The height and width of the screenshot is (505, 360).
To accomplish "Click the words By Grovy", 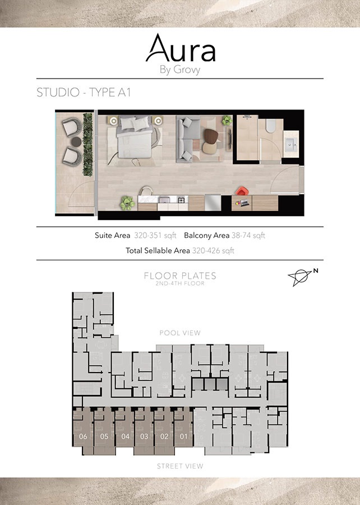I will (x=180, y=71).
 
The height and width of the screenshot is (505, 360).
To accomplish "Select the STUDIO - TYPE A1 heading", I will (x=84, y=93).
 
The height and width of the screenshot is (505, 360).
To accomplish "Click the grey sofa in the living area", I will (x=188, y=136).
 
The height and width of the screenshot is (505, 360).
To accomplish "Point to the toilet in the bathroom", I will (x=270, y=126).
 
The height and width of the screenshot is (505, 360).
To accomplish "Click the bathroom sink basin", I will (x=292, y=145).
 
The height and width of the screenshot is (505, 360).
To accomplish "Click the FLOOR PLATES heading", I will (x=180, y=276).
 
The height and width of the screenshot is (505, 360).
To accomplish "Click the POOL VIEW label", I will (x=180, y=333).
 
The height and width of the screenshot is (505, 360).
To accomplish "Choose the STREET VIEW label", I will (x=180, y=466).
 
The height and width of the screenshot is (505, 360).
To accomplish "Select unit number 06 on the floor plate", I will (x=84, y=436).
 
